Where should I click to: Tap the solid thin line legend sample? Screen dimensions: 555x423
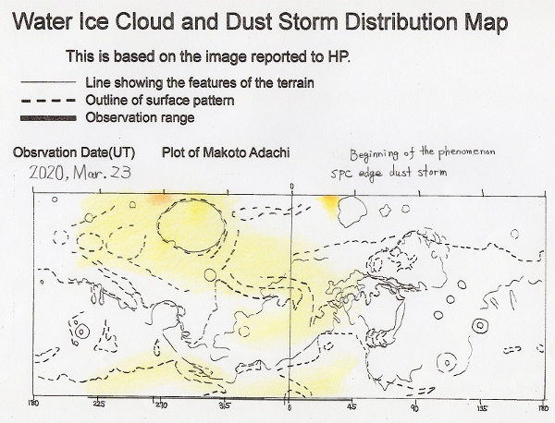tap(48, 82)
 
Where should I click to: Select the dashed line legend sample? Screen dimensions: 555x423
tap(48, 101)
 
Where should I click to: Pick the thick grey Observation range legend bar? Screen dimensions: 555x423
tap(48, 118)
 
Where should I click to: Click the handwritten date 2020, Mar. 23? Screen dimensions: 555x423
tap(80, 173)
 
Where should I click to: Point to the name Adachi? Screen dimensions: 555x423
tap(269, 152)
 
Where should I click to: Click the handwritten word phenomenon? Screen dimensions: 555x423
tap(466, 152)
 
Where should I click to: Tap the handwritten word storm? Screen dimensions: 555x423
tap(432, 172)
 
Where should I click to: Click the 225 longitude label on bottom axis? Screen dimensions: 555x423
tap(98, 404)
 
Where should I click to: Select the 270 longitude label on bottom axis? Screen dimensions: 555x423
tap(161, 405)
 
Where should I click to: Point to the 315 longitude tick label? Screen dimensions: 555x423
tap(225, 405)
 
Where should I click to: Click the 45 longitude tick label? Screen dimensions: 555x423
tap(351, 406)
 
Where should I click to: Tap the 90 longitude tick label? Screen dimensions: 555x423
tap(414, 408)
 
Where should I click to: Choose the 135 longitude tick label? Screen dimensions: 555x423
tap(482, 408)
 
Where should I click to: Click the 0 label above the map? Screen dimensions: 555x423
tap(292, 187)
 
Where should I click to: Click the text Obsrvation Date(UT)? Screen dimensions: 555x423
tap(74, 152)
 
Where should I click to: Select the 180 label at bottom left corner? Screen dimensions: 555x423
tap(34, 403)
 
